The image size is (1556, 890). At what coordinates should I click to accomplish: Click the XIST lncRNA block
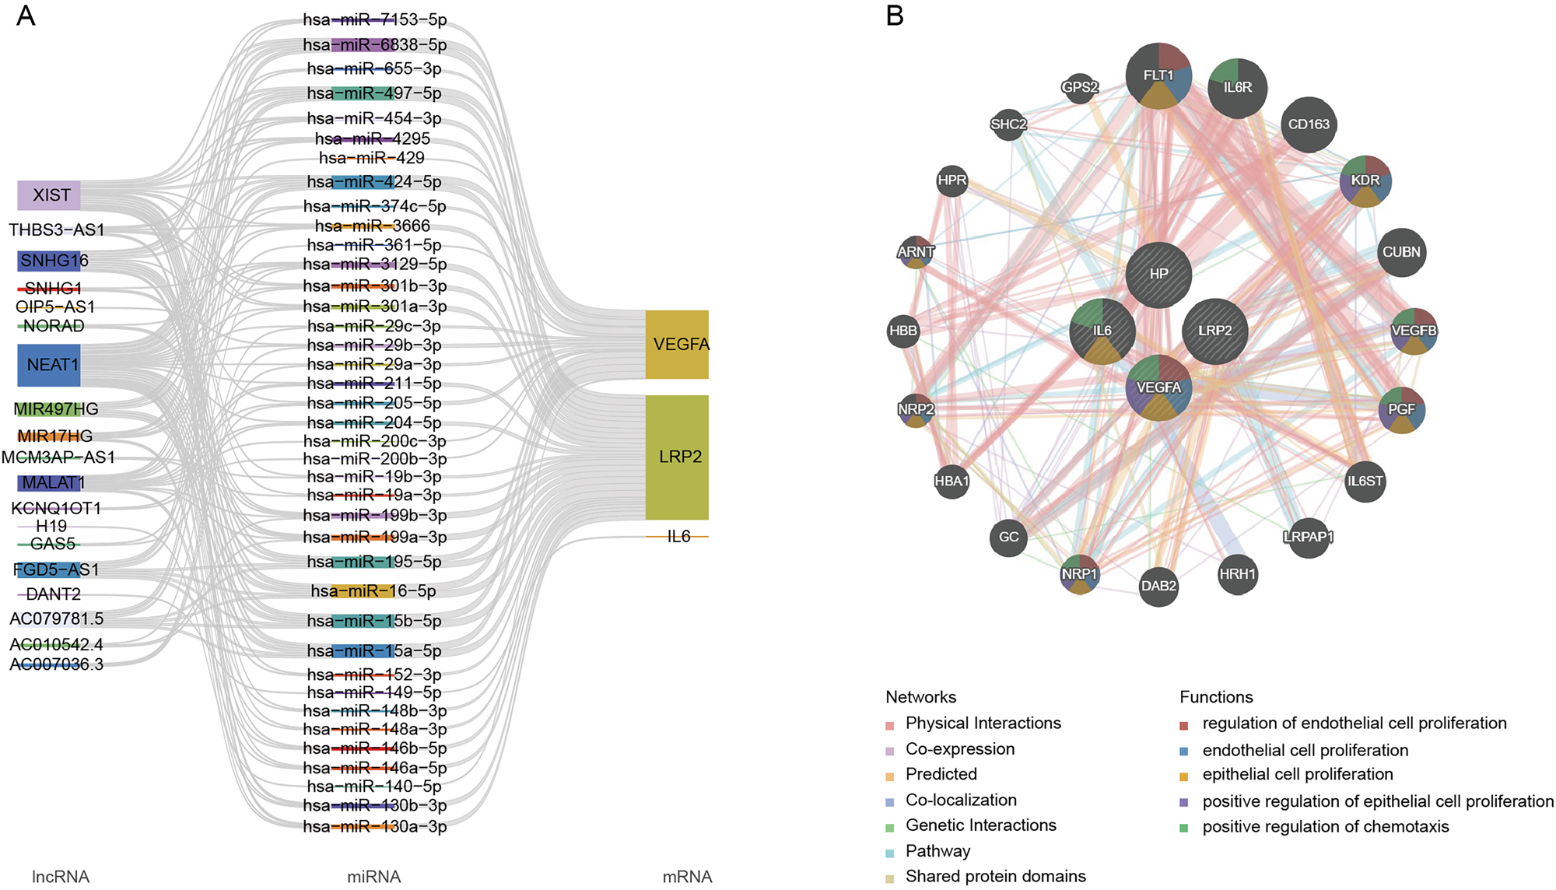click(x=49, y=195)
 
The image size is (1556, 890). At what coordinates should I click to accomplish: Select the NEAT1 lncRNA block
click(x=49, y=365)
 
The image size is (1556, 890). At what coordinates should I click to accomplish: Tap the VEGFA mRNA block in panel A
click(x=677, y=345)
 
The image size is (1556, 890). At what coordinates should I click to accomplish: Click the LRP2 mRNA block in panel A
click(x=677, y=457)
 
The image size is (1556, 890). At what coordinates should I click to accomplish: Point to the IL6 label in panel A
click(x=678, y=537)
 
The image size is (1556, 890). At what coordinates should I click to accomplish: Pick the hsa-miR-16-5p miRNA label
click(x=373, y=591)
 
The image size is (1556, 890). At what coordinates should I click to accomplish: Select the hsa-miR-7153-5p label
click(x=375, y=19)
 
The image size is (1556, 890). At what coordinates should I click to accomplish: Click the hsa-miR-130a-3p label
click(x=375, y=826)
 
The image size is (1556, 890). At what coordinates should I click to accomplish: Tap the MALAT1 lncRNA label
click(x=51, y=483)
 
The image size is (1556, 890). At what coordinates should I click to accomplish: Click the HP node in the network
click(x=1158, y=274)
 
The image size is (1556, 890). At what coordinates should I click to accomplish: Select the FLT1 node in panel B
click(x=1158, y=75)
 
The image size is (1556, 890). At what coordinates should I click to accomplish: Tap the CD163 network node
click(x=1309, y=124)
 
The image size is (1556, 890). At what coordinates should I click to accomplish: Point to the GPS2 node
click(x=1080, y=87)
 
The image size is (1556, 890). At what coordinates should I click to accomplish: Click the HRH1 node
click(x=1237, y=574)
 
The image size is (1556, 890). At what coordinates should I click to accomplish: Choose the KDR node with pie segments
click(x=1365, y=180)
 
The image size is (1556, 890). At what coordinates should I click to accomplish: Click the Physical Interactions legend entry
click(x=983, y=724)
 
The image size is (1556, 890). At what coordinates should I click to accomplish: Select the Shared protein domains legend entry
click(x=995, y=876)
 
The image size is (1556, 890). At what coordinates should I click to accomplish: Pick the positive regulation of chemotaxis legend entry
click(x=1325, y=826)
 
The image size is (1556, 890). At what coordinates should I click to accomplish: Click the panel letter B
click(x=895, y=16)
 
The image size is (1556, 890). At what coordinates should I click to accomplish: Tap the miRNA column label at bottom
click(x=373, y=877)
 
